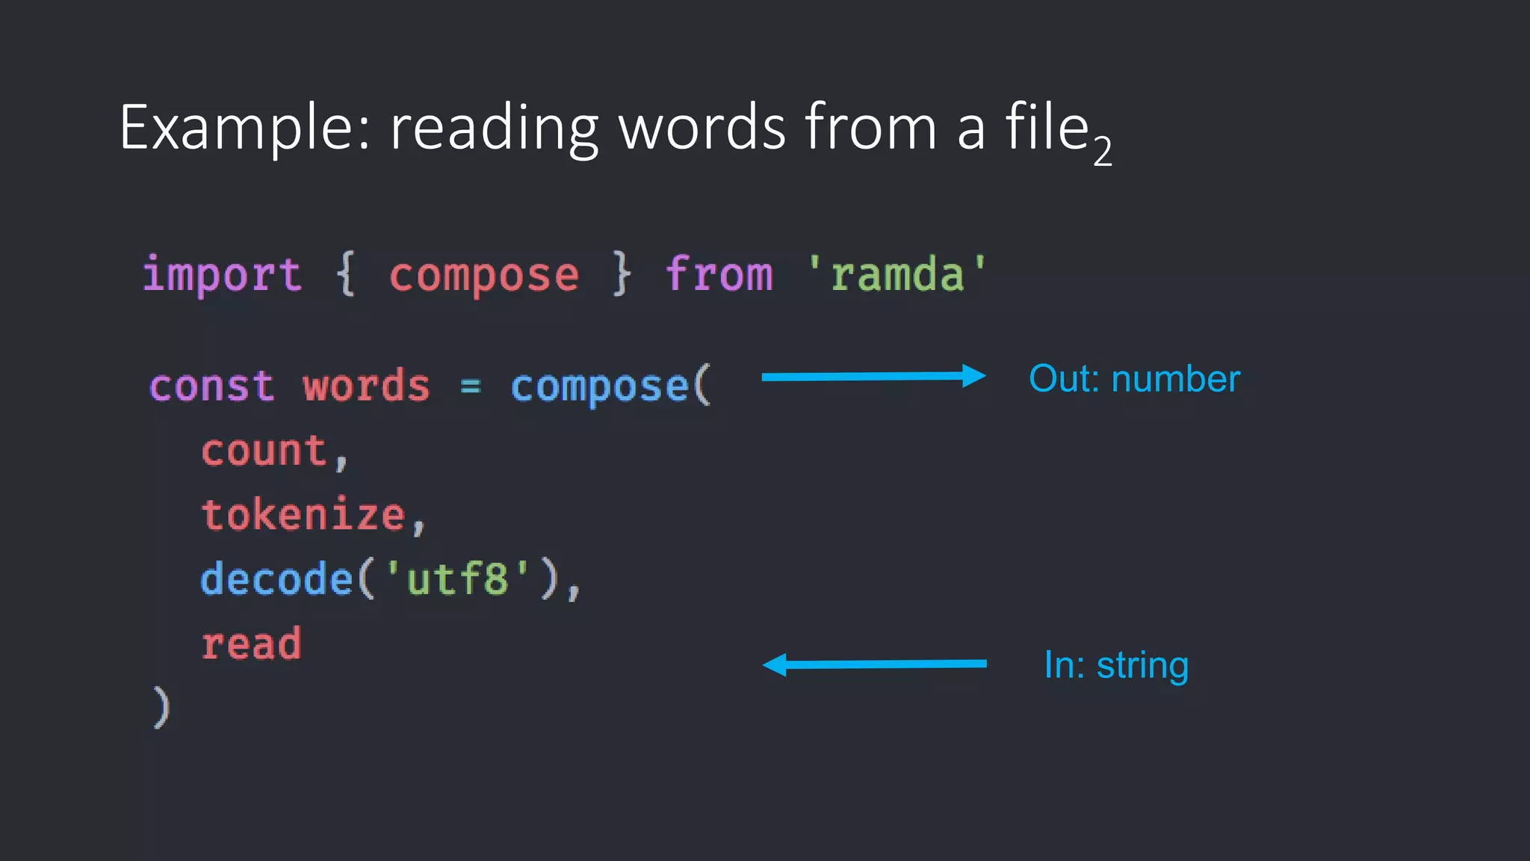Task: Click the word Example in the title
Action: pyautogui.click(x=237, y=129)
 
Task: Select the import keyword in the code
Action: pyautogui.click(x=222, y=274)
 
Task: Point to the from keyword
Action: pyautogui.click(x=719, y=274)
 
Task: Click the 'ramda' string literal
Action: pyautogui.click(x=896, y=274)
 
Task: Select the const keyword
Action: pyautogui.click(x=212, y=386)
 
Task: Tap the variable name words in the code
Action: pyautogui.click(x=366, y=386)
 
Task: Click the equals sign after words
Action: pyautogui.click(x=471, y=386)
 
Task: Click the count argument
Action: pyautogui.click(x=264, y=451)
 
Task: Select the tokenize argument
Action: pyautogui.click(x=303, y=516)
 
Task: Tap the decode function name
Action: pyautogui.click(x=276, y=579)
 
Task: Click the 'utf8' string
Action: pyautogui.click(x=457, y=579)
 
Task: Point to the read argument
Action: pyautogui.click(x=251, y=644)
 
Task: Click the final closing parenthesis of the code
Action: pyautogui.click(x=161, y=706)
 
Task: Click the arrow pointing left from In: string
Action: pyautogui.click(x=874, y=664)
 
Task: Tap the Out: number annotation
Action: pyautogui.click(x=1134, y=379)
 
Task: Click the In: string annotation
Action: pyautogui.click(x=1116, y=665)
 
